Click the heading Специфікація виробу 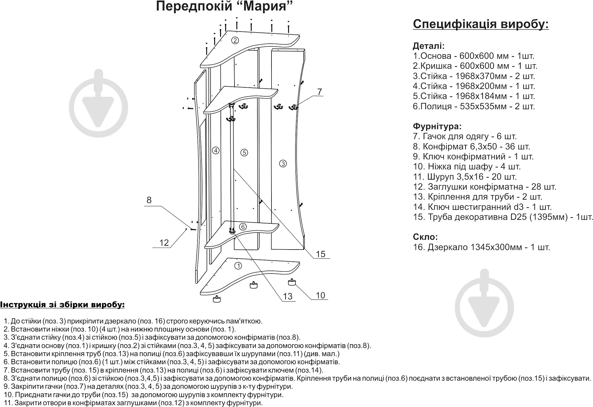click(x=481, y=24)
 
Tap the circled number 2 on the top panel click(x=235, y=40)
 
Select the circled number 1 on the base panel click(x=238, y=265)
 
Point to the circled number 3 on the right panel click(x=283, y=164)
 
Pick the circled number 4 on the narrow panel click(x=216, y=150)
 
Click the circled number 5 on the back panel click(x=244, y=153)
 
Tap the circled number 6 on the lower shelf click(x=243, y=227)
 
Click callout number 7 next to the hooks click(x=319, y=92)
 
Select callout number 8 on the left click(x=149, y=200)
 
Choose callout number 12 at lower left click(x=164, y=243)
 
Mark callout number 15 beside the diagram click(x=320, y=254)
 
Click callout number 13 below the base click(x=287, y=296)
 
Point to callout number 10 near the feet click(x=320, y=295)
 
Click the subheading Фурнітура click(x=437, y=127)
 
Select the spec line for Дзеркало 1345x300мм click(x=481, y=247)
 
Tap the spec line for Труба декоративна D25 click(x=503, y=217)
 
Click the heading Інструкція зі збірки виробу click(x=62, y=305)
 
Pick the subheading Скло click(x=425, y=237)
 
